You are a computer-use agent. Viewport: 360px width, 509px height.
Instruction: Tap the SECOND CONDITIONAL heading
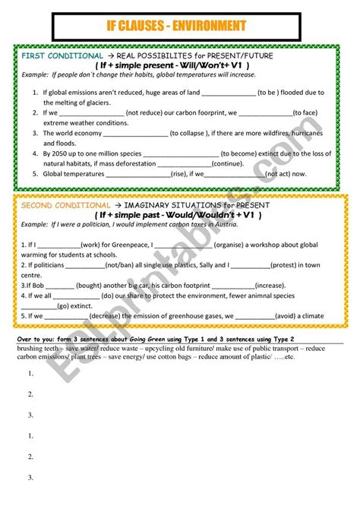pyautogui.click(x=65, y=206)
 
